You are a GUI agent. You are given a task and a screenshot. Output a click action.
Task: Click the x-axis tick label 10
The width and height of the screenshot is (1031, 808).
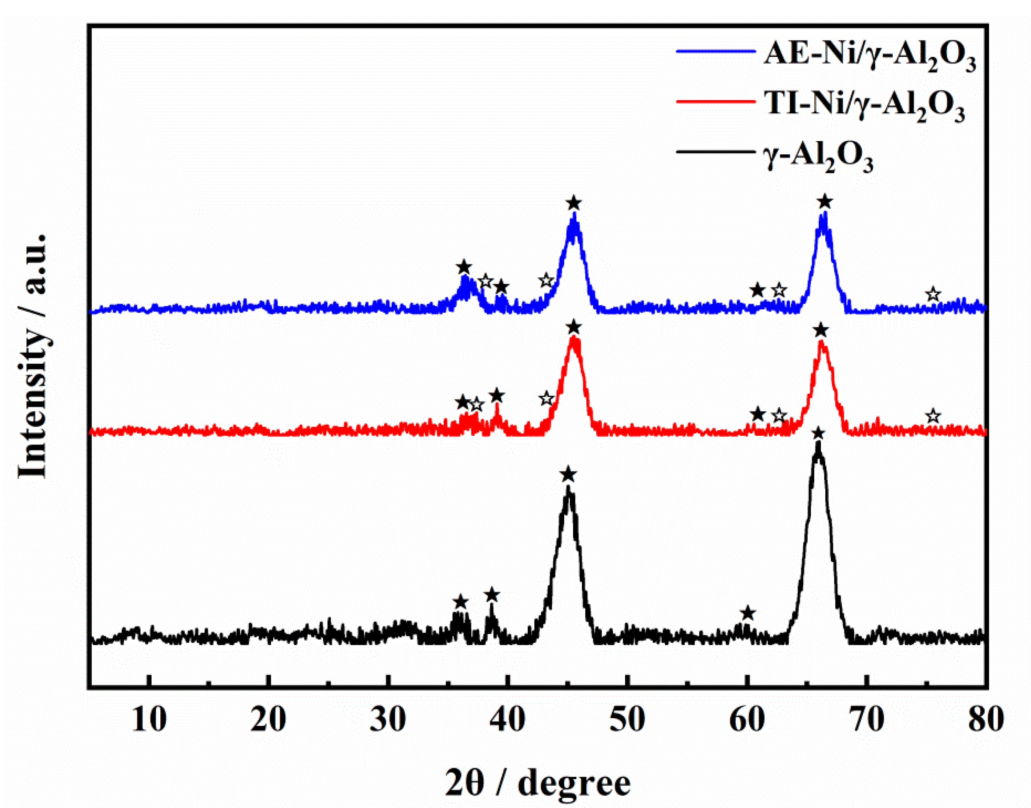[149, 720]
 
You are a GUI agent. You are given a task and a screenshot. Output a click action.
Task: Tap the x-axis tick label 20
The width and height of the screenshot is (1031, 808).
[268, 720]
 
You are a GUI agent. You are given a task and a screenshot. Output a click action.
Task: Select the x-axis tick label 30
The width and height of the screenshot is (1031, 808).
[388, 720]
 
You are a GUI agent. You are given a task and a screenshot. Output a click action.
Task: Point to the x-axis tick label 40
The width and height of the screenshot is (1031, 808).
[507, 720]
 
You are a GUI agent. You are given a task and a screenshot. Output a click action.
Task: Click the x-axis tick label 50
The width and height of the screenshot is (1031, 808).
[627, 720]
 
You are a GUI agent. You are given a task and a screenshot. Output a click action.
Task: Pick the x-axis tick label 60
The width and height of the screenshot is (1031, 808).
[747, 720]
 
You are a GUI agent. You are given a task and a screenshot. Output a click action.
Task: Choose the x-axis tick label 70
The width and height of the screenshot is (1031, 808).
[867, 720]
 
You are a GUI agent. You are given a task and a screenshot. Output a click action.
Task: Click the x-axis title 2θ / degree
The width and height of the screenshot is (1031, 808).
[538, 782]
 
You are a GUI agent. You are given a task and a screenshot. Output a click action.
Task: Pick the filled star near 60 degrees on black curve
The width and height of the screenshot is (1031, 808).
[747, 614]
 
